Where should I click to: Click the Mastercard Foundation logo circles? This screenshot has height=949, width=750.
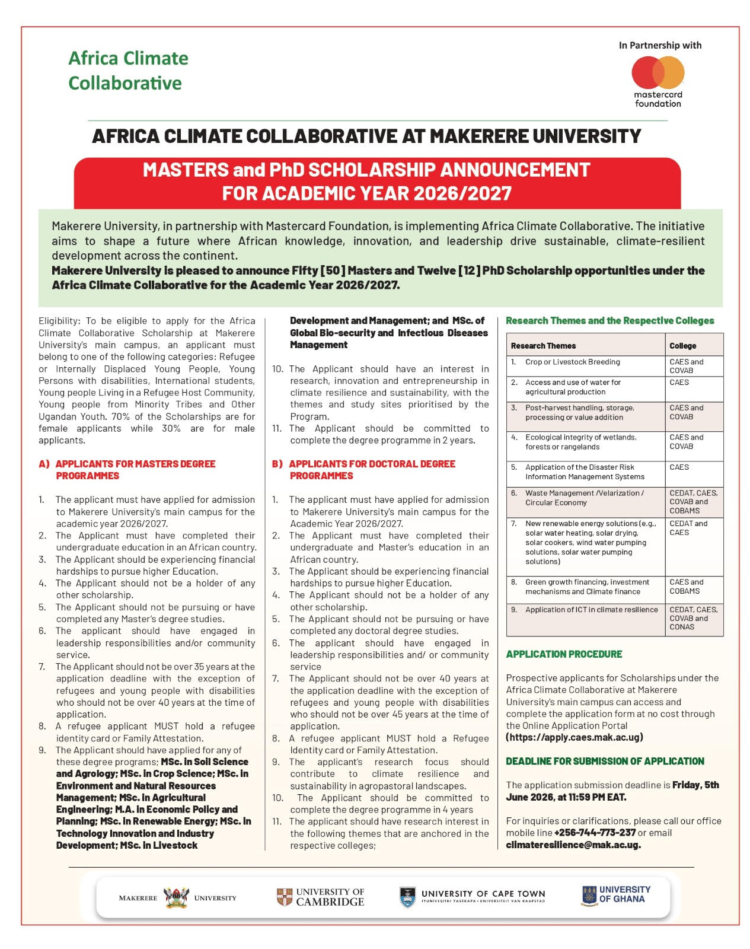click(x=658, y=72)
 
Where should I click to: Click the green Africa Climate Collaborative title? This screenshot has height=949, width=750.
click(x=128, y=70)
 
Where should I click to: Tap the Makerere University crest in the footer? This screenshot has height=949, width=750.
click(x=175, y=897)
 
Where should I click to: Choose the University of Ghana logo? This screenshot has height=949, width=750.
click(x=616, y=894)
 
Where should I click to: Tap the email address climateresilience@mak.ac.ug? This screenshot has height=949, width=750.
click(x=573, y=845)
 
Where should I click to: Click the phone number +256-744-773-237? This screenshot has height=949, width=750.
click(x=595, y=833)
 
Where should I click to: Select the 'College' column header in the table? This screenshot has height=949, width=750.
click(x=683, y=346)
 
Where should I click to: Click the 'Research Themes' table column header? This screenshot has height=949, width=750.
click(x=543, y=346)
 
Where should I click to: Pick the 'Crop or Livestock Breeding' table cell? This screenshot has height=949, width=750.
click(x=572, y=362)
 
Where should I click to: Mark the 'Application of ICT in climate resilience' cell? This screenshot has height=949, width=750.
click(x=591, y=610)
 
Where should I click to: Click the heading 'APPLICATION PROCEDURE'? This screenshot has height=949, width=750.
click(x=564, y=654)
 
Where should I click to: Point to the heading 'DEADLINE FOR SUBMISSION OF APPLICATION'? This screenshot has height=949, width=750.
click(x=605, y=761)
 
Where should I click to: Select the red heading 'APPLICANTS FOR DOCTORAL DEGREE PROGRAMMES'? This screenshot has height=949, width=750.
click(x=372, y=470)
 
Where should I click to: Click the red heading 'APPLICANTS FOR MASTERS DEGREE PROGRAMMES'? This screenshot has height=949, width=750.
click(x=135, y=470)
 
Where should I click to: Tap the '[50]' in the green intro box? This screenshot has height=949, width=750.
click(x=333, y=270)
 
